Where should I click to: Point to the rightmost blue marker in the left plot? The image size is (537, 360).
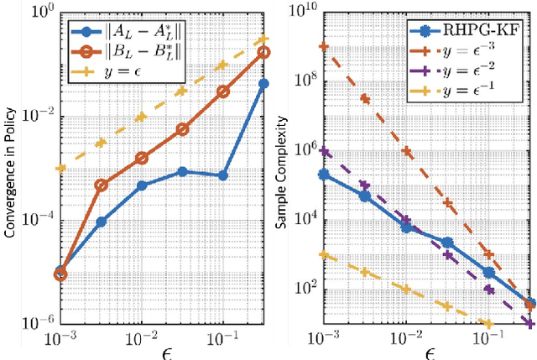[263, 83]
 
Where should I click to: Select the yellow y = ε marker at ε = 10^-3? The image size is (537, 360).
[60, 168]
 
